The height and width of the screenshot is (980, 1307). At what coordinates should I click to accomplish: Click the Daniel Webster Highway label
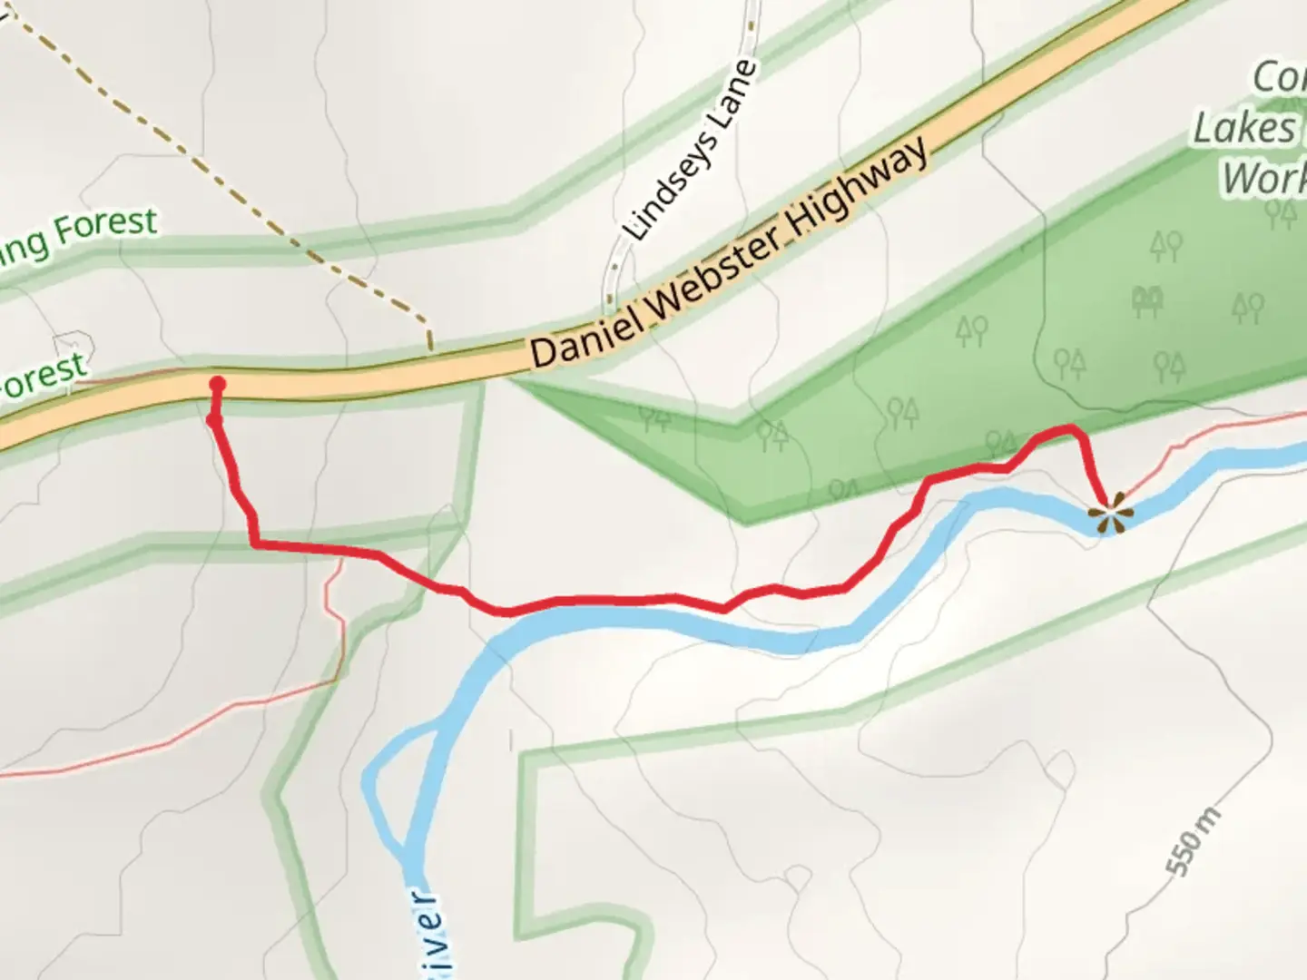click(x=731, y=253)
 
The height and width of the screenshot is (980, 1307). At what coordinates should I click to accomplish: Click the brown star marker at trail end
click(x=1110, y=516)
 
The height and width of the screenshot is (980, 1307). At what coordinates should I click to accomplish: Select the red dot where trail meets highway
click(x=218, y=383)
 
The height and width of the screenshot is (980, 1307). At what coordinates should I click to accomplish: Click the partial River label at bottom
click(x=433, y=935)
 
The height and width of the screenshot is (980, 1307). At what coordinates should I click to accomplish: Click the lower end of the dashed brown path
click(x=429, y=346)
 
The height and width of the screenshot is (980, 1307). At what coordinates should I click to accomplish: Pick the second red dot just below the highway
click(x=214, y=420)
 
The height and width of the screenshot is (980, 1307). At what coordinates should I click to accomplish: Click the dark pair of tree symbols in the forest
click(x=1148, y=302)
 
